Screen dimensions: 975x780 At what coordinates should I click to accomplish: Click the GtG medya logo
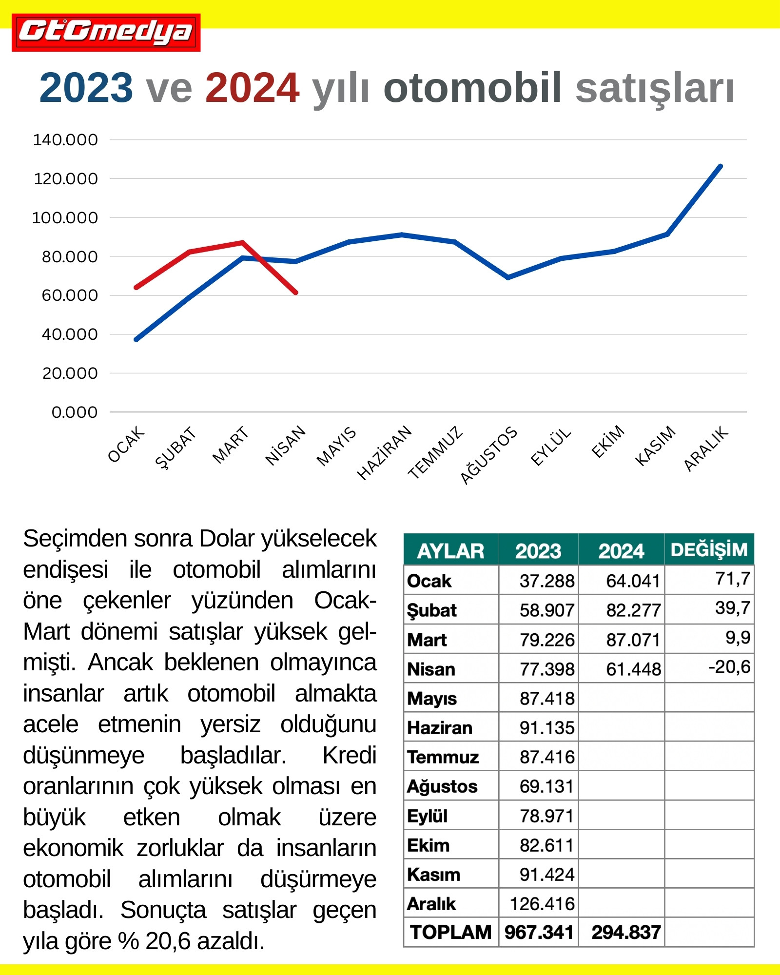[106, 32]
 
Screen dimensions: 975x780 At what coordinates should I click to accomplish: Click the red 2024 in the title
[252, 88]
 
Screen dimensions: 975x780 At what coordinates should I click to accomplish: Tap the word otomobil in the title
[472, 88]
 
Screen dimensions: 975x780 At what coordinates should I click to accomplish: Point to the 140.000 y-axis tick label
[65, 140]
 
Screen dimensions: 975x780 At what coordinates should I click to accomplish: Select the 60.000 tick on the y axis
[70, 295]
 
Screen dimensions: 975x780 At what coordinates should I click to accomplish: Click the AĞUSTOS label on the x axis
[488, 455]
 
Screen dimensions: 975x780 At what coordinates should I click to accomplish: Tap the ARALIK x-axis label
[706, 448]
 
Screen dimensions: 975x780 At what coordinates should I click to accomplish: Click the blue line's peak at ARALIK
[721, 166]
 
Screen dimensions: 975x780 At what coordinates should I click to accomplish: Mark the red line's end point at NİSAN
[296, 292]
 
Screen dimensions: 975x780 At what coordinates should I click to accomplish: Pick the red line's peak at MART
[242, 242]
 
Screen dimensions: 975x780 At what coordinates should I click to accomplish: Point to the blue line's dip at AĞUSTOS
[508, 278]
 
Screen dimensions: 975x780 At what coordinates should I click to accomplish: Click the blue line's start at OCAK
[136, 339]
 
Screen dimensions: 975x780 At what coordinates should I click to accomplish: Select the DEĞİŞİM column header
[709, 550]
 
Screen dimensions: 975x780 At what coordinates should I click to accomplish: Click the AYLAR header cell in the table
[450, 551]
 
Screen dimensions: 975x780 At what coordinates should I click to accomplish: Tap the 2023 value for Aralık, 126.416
[542, 904]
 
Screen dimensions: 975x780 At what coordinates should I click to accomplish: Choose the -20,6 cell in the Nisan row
[729, 667]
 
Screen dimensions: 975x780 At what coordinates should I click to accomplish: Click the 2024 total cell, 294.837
[626, 933]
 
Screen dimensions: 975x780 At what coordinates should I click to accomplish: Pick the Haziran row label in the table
[440, 728]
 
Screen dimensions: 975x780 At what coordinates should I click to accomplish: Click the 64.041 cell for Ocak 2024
[633, 581]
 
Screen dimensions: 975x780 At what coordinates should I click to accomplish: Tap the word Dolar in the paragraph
[228, 539]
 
